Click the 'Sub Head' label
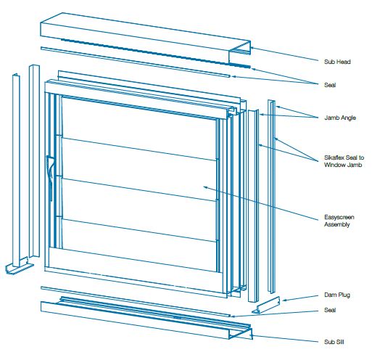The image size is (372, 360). click(x=337, y=62)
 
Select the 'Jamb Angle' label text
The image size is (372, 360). click(x=340, y=118)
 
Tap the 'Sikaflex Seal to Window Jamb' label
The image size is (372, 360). click(x=344, y=161)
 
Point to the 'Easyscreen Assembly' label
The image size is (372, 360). click(x=339, y=221)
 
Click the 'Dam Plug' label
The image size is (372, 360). click(x=337, y=295)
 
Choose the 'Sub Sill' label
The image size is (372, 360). click(x=334, y=342)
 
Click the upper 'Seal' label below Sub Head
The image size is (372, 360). click(x=330, y=85)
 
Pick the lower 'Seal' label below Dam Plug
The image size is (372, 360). click(x=330, y=310)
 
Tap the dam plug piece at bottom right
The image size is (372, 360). click(x=266, y=306)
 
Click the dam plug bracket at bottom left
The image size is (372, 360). click(x=20, y=266)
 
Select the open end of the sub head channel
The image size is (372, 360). click(x=239, y=52)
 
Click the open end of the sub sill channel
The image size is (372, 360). click(x=241, y=333)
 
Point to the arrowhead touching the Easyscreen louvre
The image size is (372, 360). click(x=205, y=187)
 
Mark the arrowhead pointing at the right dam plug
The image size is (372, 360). click(x=284, y=300)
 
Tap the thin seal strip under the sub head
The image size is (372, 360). click(x=136, y=62)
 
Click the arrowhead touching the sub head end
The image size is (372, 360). click(x=252, y=48)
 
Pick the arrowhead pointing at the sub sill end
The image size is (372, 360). click(x=253, y=335)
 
